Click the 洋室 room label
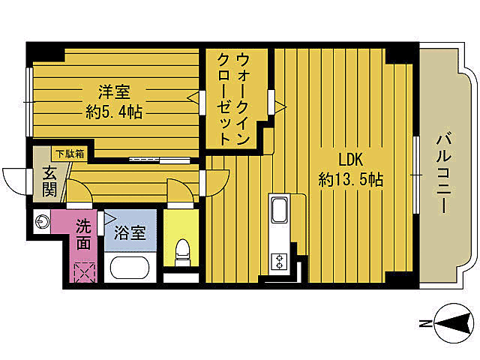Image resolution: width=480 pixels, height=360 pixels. (x=115, y=92)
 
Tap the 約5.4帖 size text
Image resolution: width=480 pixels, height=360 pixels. (x=114, y=112)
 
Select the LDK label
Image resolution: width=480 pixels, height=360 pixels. (x=350, y=160)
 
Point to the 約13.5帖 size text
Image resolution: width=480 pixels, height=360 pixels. (x=351, y=180)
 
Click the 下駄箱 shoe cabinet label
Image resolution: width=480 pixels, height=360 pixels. (x=69, y=154)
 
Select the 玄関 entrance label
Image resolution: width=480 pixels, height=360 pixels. (x=49, y=181)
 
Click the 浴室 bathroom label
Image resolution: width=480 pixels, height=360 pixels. (x=129, y=233)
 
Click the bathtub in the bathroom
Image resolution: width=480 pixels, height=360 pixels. (x=130, y=268)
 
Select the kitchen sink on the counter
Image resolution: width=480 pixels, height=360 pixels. (x=279, y=211)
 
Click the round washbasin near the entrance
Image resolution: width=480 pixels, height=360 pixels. (x=42, y=221)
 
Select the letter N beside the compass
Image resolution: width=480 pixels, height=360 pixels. (x=424, y=324)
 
